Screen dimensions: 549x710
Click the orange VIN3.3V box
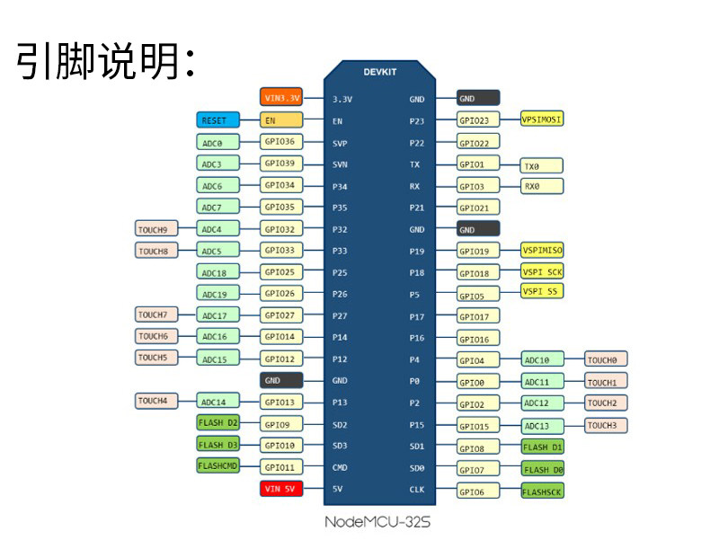(281, 98)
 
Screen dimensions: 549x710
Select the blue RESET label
(217, 120)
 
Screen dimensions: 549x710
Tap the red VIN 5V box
(281, 489)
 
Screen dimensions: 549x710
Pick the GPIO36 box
(281, 141)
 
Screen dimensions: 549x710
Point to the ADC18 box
(217, 271)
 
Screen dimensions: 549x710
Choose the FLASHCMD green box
(217, 465)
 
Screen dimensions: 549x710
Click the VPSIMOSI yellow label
(543, 119)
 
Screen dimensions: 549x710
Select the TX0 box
(542, 165)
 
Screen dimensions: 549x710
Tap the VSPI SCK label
(543, 270)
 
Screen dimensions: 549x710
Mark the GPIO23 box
(478, 120)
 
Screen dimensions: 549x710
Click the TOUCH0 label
(606, 359)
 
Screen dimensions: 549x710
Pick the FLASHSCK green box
(543, 491)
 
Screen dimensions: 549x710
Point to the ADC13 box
(543, 426)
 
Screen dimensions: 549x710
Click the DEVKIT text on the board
(380, 72)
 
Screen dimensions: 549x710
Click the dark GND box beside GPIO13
(281, 380)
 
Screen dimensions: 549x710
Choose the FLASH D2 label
(217, 421)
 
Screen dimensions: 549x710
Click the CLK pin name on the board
(417, 490)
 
